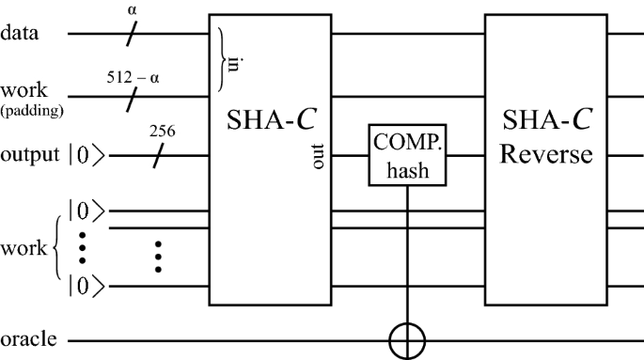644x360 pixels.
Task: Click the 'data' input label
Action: coord(19,35)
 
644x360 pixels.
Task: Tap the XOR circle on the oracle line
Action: coord(408,339)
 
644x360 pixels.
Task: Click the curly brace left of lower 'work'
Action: coord(57,247)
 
